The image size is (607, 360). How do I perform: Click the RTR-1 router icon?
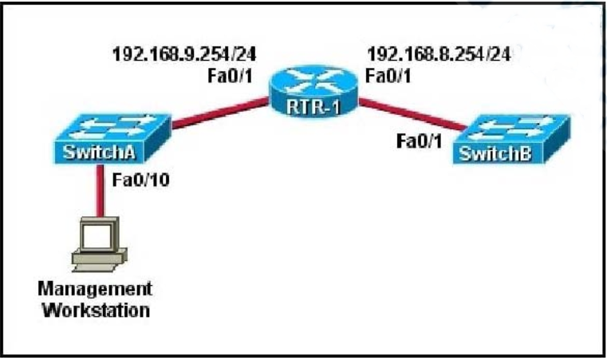pos(313,92)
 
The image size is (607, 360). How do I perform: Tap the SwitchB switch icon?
pos(511,139)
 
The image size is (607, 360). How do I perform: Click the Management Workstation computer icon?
pos(100,244)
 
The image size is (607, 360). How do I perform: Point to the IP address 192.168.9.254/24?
pos(184,54)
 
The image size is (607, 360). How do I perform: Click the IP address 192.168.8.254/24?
pos(439,54)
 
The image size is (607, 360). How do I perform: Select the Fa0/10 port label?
pos(141,180)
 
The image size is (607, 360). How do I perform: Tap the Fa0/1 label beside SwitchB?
pos(419,141)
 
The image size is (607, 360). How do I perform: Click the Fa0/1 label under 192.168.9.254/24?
pos(230,76)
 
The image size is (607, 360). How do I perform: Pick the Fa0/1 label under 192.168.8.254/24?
pos(388,76)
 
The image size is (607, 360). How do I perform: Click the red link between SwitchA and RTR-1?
pos(220,113)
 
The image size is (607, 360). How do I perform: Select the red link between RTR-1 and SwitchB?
pos(412,114)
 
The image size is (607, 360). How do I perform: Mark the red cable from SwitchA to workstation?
pos(100,190)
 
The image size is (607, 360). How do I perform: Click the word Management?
pos(95,289)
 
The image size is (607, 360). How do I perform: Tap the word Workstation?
pos(96,311)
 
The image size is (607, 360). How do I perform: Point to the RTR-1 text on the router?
pos(313,107)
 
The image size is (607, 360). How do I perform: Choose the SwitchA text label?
pos(99,152)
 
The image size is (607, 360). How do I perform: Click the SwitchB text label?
pos(495,154)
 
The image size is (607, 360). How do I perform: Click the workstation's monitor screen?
pos(97,233)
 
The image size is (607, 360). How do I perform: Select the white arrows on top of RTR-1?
pos(314,81)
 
